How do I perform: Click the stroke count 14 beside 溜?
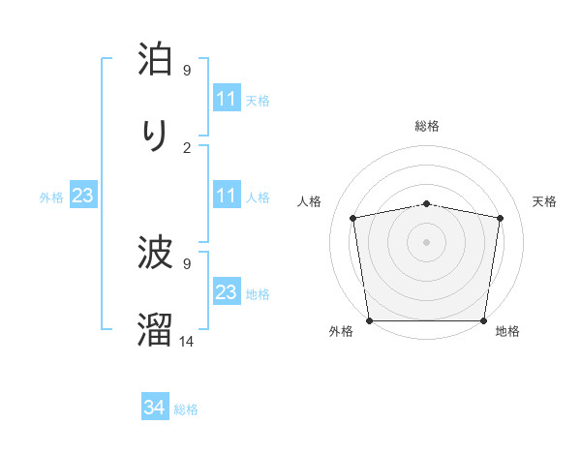click(187, 341)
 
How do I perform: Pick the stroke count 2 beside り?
click(187, 147)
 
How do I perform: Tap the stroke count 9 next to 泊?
click(187, 71)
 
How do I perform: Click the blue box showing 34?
click(155, 409)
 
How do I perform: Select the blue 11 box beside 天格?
click(227, 99)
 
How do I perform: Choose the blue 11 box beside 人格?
click(227, 196)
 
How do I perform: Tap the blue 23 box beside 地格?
click(227, 292)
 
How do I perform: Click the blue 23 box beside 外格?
click(83, 196)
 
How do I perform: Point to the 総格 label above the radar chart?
click(427, 126)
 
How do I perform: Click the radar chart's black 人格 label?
click(310, 201)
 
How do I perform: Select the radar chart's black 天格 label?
click(544, 201)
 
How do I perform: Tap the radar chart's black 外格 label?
click(341, 331)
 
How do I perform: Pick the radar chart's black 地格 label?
click(507, 331)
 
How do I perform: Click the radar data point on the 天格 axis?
click(500, 218)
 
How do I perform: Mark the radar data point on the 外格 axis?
click(369, 320)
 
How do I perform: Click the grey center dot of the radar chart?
click(427, 241)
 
